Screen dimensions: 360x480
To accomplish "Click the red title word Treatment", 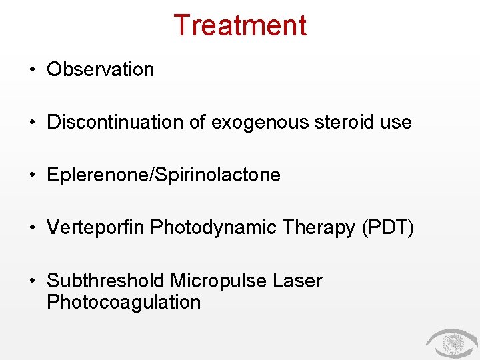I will [x=240, y=25].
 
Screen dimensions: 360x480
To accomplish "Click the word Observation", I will [x=100, y=69].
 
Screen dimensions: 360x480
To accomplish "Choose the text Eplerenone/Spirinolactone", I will [x=163, y=175].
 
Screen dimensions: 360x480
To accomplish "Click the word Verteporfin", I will [x=96, y=228].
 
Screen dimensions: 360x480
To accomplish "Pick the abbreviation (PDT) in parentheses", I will [x=387, y=228].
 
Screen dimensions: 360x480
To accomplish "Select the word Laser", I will [x=297, y=281].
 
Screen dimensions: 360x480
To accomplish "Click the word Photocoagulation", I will [x=123, y=302].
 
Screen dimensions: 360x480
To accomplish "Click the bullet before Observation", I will [x=33, y=70].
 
